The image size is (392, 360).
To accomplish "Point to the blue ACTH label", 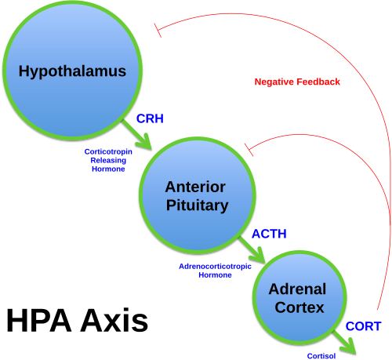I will [x=269, y=234].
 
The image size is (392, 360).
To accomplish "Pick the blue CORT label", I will [x=364, y=326].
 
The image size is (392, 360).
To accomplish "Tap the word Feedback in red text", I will [x=320, y=82].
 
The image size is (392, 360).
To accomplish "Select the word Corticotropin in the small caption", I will [x=108, y=152].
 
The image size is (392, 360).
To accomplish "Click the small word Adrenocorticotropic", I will [x=215, y=267].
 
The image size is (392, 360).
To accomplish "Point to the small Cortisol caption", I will [x=321, y=356].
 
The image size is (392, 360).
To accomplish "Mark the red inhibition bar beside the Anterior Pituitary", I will [x=249, y=147].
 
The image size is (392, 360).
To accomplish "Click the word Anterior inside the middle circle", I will [x=195, y=187].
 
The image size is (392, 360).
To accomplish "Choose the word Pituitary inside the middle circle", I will [x=197, y=206].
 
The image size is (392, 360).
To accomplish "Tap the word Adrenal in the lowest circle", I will [x=297, y=289].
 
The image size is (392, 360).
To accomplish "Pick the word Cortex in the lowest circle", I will [x=299, y=308].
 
